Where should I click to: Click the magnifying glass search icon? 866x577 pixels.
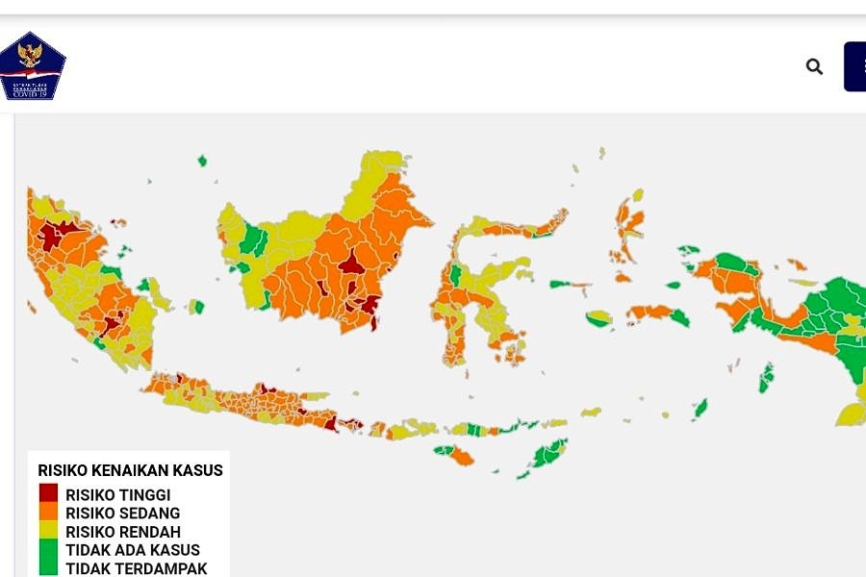click(x=814, y=66)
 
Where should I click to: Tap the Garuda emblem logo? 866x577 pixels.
click(x=31, y=66)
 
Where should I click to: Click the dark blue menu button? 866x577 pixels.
click(x=855, y=66)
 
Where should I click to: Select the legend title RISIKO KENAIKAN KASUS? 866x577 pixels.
click(x=130, y=470)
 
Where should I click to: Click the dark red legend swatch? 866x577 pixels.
click(x=48, y=493)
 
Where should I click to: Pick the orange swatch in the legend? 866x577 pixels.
click(x=48, y=513)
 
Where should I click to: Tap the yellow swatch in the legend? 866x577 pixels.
click(x=48, y=531)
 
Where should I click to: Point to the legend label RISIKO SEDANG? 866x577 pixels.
click(x=122, y=514)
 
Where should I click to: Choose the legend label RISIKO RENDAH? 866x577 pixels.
click(x=122, y=532)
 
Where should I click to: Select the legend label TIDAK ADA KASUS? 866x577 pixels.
click(x=132, y=550)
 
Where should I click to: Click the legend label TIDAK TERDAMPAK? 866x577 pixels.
click(x=136, y=568)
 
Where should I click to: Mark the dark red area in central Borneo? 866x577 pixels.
click(x=351, y=262)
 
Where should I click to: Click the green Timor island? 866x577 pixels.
click(x=549, y=452)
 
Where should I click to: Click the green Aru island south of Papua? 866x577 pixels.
click(x=766, y=377)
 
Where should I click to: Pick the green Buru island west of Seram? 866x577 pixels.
click(x=599, y=318)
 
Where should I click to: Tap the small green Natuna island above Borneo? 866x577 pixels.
click(x=202, y=161)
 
